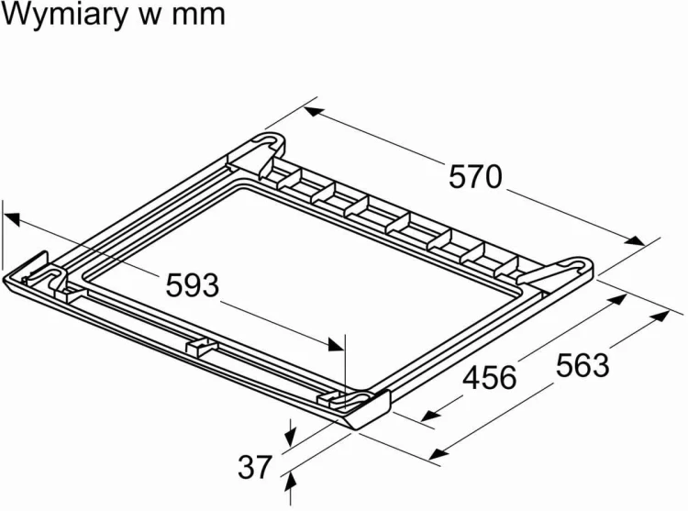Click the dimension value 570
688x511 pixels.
(475, 177)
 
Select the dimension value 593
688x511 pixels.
(193, 285)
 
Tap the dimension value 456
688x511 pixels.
(490, 378)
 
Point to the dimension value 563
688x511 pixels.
(583, 365)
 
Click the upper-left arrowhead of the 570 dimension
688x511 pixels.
(314, 111)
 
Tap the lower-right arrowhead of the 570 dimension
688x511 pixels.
(635, 240)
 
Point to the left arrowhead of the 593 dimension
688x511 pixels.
(12, 218)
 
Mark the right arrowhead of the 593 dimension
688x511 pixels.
(335, 344)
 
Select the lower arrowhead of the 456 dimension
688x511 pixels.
(431, 416)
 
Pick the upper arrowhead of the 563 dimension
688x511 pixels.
(660, 317)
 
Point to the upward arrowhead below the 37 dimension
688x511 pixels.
(290, 483)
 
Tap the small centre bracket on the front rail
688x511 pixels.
(202, 345)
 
